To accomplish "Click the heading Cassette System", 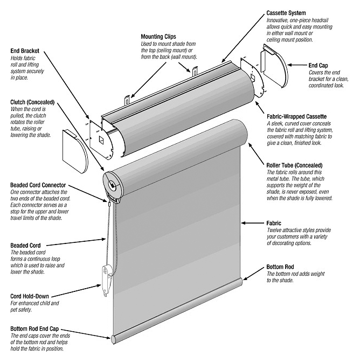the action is click(286, 13).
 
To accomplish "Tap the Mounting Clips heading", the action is click(158, 37).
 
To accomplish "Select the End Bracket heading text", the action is click(25, 51).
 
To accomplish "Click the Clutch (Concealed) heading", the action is click(32, 102).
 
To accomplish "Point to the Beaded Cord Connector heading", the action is click(38, 185).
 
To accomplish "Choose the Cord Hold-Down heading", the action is click(30, 296).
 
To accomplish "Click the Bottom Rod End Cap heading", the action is click(34, 329).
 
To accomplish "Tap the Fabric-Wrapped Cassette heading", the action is click(297, 116).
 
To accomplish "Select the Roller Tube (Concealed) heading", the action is click(294, 165).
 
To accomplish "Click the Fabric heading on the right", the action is click(274, 223).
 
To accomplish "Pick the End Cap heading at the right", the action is click(318, 65).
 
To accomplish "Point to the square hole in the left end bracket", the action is click(102, 140).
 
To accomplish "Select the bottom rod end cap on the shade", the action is click(114, 339).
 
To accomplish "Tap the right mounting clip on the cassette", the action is click(195, 71).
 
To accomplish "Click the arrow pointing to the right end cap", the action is click(297, 65).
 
